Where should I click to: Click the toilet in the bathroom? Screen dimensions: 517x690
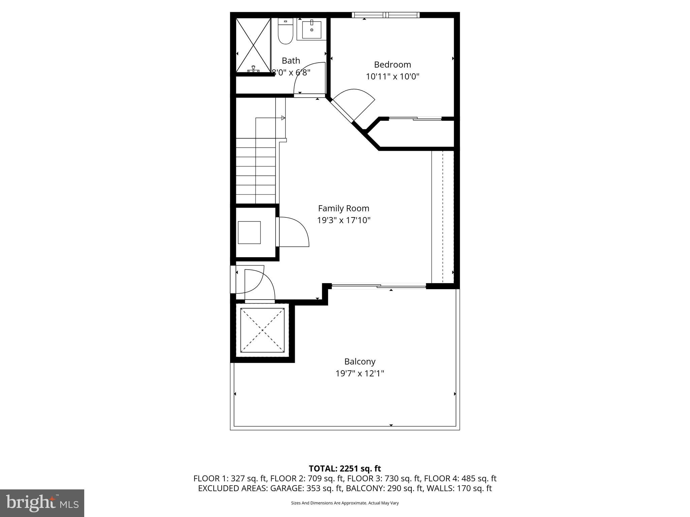pyautogui.click(x=285, y=32)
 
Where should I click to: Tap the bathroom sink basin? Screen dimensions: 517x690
pyautogui.click(x=312, y=30)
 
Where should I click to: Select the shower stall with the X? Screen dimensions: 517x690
pyautogui.click(x=253, y=45)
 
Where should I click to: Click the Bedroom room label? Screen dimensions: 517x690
pyautogui.click(x=393, y=64)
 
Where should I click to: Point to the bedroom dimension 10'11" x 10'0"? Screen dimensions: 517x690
pyautogui.click(x=393, y=76)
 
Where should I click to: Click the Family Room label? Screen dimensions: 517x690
pyautogui.click(x=344, y=208)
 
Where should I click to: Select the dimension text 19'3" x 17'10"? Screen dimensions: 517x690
pyautogui.click(x=344, y=220)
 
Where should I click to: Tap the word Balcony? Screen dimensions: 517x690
pyautogui.click(x=360, y=361)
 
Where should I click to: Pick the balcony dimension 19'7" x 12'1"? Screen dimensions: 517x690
pyautogui.click(x=360, y=373)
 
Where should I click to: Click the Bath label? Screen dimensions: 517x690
pyautogui.click(x=291, y=61)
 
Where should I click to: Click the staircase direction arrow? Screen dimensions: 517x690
pyautogui.click(x=283, y=118)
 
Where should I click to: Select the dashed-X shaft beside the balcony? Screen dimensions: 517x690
pyautogui.click(x=262, y=330)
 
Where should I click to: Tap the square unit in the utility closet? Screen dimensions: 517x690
pyautogui.click(x=249, y=232)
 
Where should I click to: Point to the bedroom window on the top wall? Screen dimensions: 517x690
pyautogui.click(x=386, y=15)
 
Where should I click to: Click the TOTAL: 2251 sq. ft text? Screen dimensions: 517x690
pyautogui.click(x=345, y=469)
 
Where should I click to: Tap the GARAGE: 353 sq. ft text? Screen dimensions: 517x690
pyautogui.click(x=306, y=488)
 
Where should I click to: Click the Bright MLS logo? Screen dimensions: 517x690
pyautogui.click(x=42, y=503)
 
